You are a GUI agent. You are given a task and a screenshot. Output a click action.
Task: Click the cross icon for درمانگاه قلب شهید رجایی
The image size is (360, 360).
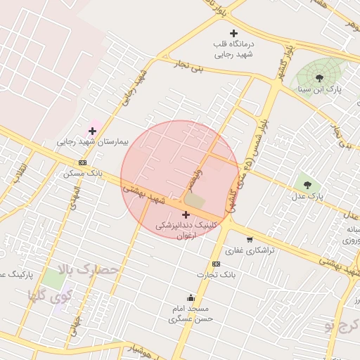(x=234, y=33)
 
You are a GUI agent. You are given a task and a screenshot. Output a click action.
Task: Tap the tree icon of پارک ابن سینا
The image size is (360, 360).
(x=320, y=77)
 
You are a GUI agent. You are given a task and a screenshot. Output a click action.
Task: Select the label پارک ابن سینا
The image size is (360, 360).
(x=321, y=89)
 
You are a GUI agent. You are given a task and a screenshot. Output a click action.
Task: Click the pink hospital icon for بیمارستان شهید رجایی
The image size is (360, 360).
(x=92, y=131)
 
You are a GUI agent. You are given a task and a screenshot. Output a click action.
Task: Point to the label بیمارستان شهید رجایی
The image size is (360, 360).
(x=94, y=142)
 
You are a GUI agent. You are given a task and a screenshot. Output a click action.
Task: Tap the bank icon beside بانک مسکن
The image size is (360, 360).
(x=83, y=162)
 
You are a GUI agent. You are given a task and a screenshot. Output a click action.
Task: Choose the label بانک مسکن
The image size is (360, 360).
(x=87, y=173)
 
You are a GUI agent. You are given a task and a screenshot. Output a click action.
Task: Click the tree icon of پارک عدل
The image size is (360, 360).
(x=307, y=185)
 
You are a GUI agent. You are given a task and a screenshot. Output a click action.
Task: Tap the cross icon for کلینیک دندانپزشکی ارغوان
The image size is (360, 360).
(x=186, y=214)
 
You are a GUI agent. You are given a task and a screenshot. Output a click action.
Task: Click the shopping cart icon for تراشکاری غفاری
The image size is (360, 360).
(x=250, y=240)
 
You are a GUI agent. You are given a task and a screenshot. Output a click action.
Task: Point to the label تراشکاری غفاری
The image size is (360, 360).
(x=243, y=250)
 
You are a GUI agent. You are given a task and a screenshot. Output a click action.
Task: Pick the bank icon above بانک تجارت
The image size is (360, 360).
(x=216, y=264)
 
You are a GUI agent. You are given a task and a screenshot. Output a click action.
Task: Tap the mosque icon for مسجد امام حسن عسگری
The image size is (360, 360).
(x=190, y=297)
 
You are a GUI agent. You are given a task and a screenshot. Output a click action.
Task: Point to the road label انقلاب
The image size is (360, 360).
(x=21, y=171)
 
